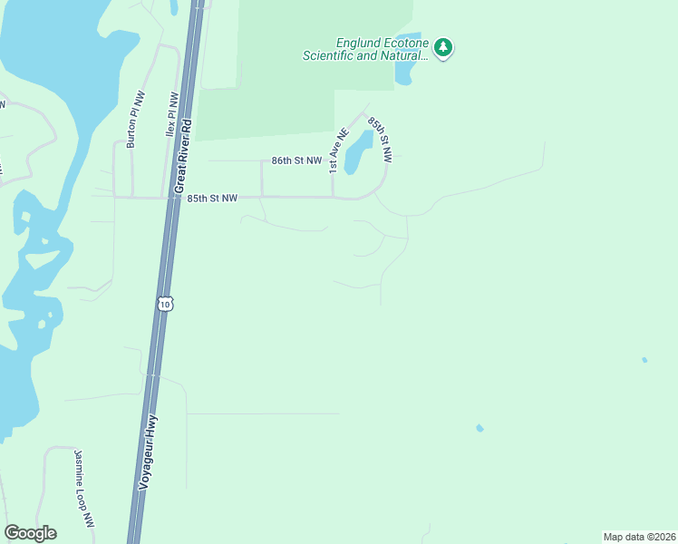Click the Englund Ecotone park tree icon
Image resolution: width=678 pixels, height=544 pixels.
pos(442,48)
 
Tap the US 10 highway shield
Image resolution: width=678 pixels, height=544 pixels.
pos(163,303)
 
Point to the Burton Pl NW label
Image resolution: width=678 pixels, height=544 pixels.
pos(133,119)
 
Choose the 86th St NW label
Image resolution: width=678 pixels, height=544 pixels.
pos(296,160)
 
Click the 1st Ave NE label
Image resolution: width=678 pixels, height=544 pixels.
pos(338,151)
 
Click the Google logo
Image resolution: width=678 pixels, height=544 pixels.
pos(30,533)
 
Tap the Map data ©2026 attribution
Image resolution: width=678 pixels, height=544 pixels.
pos(639,537)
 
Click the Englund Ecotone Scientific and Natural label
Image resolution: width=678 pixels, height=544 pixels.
pos(365,49)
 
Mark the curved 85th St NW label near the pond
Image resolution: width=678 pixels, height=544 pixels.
pos(380,139)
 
